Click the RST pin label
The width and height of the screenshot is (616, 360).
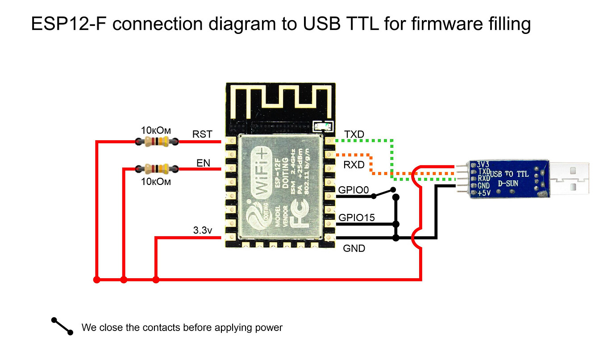click(x=202, y=134)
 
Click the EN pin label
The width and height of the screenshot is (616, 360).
click(x=203, y=163)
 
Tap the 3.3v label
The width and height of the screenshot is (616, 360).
click(x=203, y=231)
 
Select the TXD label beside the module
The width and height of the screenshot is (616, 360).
click(x=354, y=134)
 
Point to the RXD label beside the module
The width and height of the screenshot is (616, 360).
click(x=354, y=165)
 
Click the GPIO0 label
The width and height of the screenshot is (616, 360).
click(x=354, y=190)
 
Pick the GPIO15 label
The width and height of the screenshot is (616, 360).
click(x=357, y=218)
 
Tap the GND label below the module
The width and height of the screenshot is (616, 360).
click(x=354, y=248)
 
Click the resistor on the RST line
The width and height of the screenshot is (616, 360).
click(x=156, y=142)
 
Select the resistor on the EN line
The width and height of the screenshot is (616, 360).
click(x=156, y=168)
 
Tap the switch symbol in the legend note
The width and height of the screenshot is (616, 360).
click(x=62, y=326)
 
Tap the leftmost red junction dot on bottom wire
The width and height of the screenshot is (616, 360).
click(x=96, y=280)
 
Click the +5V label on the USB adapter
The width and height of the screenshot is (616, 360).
click(x=484, y=193)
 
